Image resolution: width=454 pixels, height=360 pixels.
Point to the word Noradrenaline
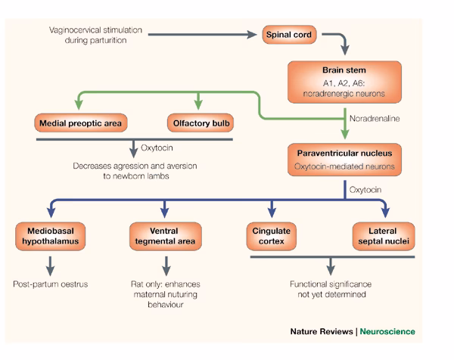click(x=378, y=118)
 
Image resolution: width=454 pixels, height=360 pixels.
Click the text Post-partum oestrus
click(x=50, y=285)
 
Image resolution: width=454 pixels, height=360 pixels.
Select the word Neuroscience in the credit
click(x=387, y=332)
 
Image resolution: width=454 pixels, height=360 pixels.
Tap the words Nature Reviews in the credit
click(x=323, y=332)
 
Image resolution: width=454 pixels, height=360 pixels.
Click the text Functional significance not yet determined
click(x=330, y=290)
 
